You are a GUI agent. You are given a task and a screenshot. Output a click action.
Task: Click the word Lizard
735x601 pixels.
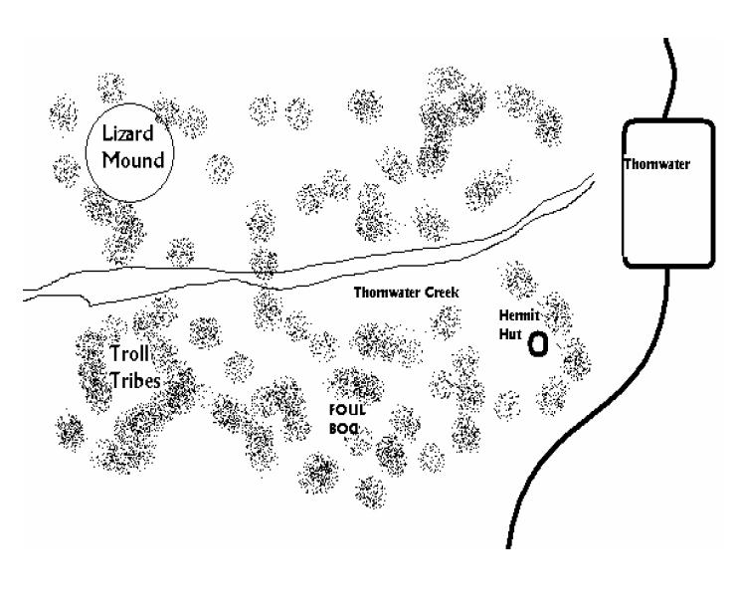[127, 133]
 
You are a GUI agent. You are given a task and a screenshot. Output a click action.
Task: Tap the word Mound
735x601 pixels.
[133, 160]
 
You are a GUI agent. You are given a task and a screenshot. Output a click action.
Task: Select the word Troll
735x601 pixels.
[129, 353]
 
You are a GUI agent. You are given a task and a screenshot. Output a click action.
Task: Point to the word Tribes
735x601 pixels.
[136, 380]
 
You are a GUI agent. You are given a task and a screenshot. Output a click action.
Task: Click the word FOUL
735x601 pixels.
[347, 410]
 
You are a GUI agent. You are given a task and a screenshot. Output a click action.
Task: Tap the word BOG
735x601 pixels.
[344, 429]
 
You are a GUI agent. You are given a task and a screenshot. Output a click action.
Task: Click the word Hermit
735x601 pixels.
[519, 315]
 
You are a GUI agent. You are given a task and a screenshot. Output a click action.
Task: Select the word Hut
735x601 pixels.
[510, 333]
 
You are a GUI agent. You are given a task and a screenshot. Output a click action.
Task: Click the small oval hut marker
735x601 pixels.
[538, 344]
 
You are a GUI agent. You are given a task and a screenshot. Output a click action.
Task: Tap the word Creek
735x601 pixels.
[442, 293]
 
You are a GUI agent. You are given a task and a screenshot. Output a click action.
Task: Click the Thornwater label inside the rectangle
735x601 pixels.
[656, 164]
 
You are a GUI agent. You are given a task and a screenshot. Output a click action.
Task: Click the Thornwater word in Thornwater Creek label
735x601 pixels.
[388, 293]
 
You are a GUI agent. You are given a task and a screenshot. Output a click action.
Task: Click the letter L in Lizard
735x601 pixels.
[106, 133]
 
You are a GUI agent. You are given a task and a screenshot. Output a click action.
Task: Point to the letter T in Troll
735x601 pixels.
[115, 353]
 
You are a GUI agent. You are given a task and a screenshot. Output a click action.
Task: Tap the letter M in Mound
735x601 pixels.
[110, 160]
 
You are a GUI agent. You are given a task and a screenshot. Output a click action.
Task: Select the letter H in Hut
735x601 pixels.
[503, 333]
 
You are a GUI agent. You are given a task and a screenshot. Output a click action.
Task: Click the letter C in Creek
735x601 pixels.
[430, 293]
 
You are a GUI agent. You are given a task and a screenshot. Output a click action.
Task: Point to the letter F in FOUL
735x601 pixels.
[333, 410]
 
